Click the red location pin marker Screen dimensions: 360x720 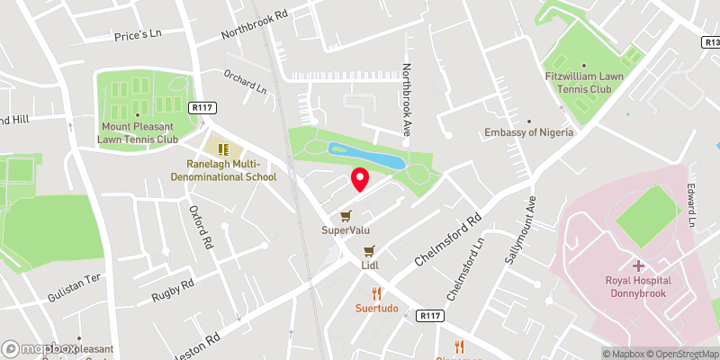[x=359, y=179]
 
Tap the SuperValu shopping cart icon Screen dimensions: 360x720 [x=346, y=216]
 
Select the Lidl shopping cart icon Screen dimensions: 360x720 [x=369, y=250]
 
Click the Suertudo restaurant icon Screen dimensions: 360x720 [x=376, y=293]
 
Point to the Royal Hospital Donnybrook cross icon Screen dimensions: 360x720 [x=638, y=265]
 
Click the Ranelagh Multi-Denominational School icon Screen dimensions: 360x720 [x=223, y=149]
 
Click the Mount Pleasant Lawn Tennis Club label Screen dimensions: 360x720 [x=138, y=133]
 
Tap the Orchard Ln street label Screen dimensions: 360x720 [x=246, y=83]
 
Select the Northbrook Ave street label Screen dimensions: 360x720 [x=407, y=99]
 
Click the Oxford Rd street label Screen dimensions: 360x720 [x=201, y=226]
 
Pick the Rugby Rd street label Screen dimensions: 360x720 [x=173, y=289]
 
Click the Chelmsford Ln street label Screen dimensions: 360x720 [x=466, y=271]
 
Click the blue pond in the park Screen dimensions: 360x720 [x=364, y=157]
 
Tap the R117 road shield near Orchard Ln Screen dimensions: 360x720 [x=202, y=108]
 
